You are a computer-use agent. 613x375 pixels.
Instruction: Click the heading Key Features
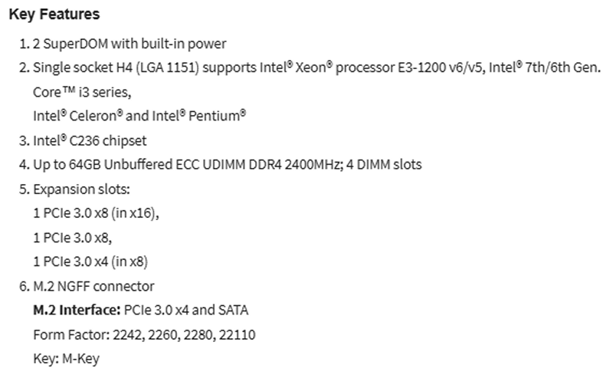(x=54, y=14)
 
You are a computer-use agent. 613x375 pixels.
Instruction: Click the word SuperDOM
(x=75, y=44)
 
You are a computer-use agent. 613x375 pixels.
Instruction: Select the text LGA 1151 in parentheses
(x=167, y=67)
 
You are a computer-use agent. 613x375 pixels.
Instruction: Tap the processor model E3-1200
(x=421, y=67)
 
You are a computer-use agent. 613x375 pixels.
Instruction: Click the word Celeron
(x=93, y=117)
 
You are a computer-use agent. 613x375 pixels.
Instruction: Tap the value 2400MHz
(x=313, y=165)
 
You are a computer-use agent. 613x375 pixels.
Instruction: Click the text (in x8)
(x=129, y=262)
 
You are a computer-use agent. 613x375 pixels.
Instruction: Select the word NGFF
(x=74, y=286)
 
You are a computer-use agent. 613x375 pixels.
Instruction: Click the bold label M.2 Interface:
(x=77, y=311)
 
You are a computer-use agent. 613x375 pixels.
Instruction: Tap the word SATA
(x=233, y=311)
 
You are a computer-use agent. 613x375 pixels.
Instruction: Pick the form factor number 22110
(x=237, y=335)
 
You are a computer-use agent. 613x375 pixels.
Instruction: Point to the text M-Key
(x=81, y=359)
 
